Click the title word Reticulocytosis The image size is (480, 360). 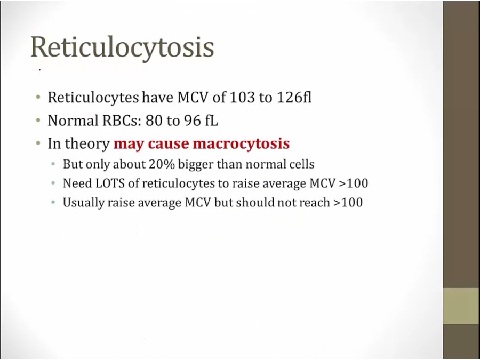(122, 47)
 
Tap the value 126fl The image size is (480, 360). (294, 98)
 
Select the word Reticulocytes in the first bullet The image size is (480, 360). (93, 98)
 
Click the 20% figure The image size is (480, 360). (162, 164)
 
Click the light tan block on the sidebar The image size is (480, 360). (461, 306)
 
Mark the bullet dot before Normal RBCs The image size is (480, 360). (38, 121)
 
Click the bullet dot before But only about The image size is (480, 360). (53, 164)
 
